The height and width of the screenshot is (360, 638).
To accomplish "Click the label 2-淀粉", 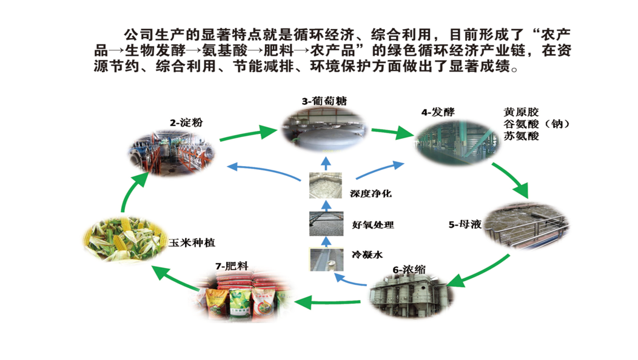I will point(186,123).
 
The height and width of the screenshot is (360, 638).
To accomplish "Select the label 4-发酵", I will point(437,112).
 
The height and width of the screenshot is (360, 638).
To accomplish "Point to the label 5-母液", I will point(465,224).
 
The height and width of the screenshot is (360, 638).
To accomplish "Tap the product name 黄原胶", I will point(520,113).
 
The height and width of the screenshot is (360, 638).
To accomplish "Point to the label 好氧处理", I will point(373,225).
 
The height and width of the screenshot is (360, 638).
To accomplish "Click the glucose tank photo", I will point(326,129).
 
